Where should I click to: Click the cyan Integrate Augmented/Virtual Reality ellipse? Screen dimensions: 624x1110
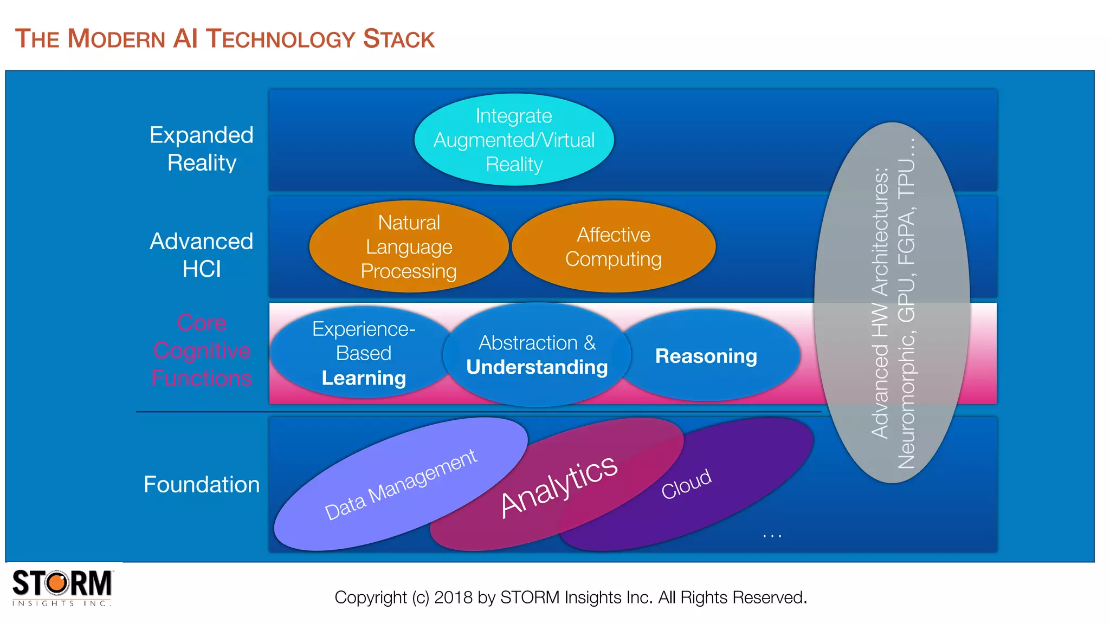[x=514, y=140]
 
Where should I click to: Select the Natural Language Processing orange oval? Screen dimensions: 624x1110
[x=409, y=247]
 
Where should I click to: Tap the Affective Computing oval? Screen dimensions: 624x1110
[x=614, y=247]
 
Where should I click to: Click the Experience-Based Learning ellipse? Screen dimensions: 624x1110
[x=363, y=353]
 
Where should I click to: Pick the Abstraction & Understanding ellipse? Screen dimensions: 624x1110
[x=537, y=355]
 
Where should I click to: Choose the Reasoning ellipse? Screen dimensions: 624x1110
[x=706, y=356]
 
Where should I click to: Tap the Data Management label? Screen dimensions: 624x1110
[x=401, y=484]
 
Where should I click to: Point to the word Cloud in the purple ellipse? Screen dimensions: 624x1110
[x=686, y=484]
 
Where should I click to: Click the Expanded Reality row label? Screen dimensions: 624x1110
[x=202, y=149]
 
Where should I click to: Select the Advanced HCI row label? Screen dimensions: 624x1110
[x=202, y=255]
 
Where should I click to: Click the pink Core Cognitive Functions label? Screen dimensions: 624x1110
[x=202, y=350]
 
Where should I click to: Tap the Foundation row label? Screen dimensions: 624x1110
[x=202, y=484]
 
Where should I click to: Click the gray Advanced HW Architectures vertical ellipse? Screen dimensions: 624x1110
[x=892, y=303]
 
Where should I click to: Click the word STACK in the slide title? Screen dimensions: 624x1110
[x=398, y=39]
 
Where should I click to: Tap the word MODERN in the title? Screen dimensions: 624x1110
[x=116, y=39]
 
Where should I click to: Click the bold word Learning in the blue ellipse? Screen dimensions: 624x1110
[x=364, y=378]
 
